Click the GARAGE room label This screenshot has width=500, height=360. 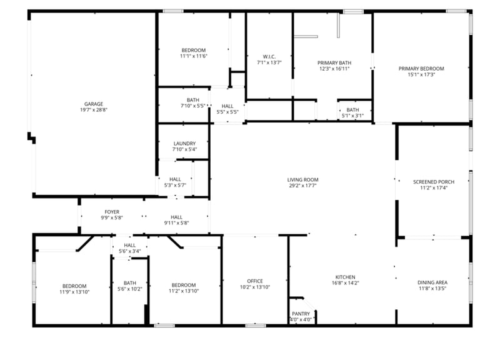[x=94, y=104]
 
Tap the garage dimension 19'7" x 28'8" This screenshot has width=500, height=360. [x=94, y=111]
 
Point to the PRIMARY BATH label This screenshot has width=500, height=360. [x=334, y=62]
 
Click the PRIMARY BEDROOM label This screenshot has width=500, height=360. [x=421, y=69]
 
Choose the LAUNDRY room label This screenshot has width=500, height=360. [x=184, y=143]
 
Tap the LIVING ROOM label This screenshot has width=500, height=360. [x=302, y=179]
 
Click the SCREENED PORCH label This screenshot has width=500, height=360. [x=433, y=182]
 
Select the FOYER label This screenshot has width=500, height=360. [x=112, y=212]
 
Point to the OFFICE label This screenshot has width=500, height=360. [x=254, y=281]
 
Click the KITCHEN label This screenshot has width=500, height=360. [x=345, y=277]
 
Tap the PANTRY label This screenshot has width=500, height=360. [x=301, y=314]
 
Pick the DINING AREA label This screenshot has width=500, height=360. [x=432, y=282]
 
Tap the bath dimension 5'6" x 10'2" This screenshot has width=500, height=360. [x=130, y=289]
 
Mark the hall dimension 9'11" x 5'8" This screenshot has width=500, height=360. [x=176, y=223]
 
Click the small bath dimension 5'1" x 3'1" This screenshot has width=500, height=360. [x=352, y=116]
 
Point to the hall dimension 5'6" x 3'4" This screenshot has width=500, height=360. [x=130, y=252]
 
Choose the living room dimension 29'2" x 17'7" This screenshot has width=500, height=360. [x=302, y=186]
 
